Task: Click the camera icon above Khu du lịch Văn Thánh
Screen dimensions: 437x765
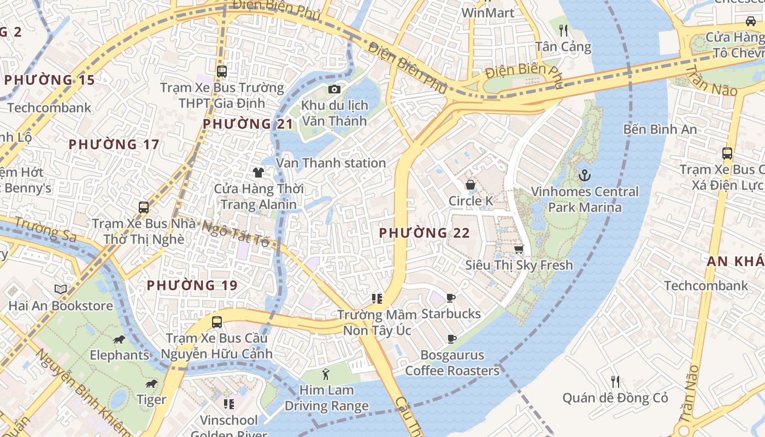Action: pos(334,89)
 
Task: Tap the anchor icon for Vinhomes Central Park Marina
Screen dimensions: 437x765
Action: pos(585,175)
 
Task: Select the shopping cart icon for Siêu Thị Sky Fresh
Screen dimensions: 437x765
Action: pos(519,249)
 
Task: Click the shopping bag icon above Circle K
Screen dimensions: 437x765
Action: pos(470,185)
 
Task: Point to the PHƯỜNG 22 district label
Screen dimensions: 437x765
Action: pos(425,233)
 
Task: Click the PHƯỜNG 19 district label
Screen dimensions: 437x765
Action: pos(192,285)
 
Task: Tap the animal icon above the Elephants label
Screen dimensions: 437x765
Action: pos(119,340)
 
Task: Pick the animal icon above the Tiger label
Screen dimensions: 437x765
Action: pos(151,384)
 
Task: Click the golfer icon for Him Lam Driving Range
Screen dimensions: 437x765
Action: pos(326,374)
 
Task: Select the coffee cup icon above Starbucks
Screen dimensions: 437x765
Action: pos(451,298)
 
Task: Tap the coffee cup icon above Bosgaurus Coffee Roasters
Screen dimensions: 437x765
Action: pos(452,339)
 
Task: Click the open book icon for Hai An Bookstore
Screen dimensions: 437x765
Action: pos(61,289)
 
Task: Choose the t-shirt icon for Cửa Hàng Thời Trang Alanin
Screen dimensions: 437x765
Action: pos(258,173)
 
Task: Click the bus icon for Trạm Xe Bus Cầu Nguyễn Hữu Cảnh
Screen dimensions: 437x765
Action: pos(217,322)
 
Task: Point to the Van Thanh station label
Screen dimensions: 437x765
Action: pos(331,163)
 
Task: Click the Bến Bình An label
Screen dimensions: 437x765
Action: pos(660,129)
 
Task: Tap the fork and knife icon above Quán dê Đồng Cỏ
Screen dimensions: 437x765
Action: pos(615,381)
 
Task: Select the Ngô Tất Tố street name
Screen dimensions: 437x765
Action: pos(237,233)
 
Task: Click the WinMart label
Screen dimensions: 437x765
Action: pos(487,13)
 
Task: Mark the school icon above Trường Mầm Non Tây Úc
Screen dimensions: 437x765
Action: pos(376,298)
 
